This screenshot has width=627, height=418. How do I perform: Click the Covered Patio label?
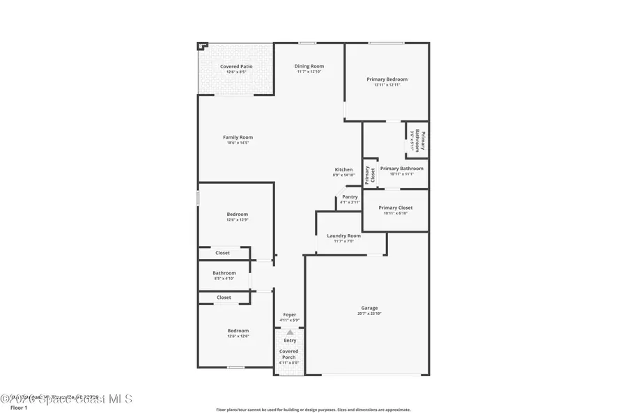pyautogui.click(x=236, y=66)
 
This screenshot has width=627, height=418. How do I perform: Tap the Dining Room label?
pyautogui.click(x=309, y=66)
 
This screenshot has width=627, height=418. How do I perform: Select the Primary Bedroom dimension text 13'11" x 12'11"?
pyautogui.click(x=387, y=85)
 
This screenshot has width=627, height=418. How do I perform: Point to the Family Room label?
pyautogui.click(x=238, y=137)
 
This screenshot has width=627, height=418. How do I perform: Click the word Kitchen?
pyautogui.click(x=343, y=169)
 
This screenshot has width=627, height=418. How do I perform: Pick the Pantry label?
pyautogui.click(x=350, y=196)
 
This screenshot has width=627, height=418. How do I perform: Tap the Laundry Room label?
pyautogui.click(x=344, y=235)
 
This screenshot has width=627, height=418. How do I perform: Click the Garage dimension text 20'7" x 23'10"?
pyautogui.click(x=369, y=313)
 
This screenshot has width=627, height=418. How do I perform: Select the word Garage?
pyautogui.click(x=369, y=308)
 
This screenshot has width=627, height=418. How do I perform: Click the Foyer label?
pyautogui.click(x=289, y=315)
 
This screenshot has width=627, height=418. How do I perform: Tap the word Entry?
pyautogui.click(x=290, y=340)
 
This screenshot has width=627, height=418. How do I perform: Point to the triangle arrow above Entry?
pyautogui.click(x=290, y=332)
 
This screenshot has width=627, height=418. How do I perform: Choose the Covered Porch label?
pyautogui.click(x=288, y=355)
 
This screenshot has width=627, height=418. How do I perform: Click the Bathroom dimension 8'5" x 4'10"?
pyautogui.click(x=224, y=279)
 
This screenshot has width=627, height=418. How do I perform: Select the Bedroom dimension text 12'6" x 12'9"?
pyautogui.click(x=237, y=220)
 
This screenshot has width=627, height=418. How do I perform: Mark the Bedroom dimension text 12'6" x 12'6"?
pyautogui.click(x=238, y=336)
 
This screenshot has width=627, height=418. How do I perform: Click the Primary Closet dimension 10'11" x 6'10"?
pyautogui.click(x=396, y=213)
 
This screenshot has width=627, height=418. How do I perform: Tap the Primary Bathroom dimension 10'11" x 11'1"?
pyautogui.click(x=402, y=174)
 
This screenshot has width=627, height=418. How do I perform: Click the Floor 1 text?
pyautogui.click(x=19, y=408)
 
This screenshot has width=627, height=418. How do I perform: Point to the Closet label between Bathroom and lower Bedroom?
pyautogui.click(x=224, y=297)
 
